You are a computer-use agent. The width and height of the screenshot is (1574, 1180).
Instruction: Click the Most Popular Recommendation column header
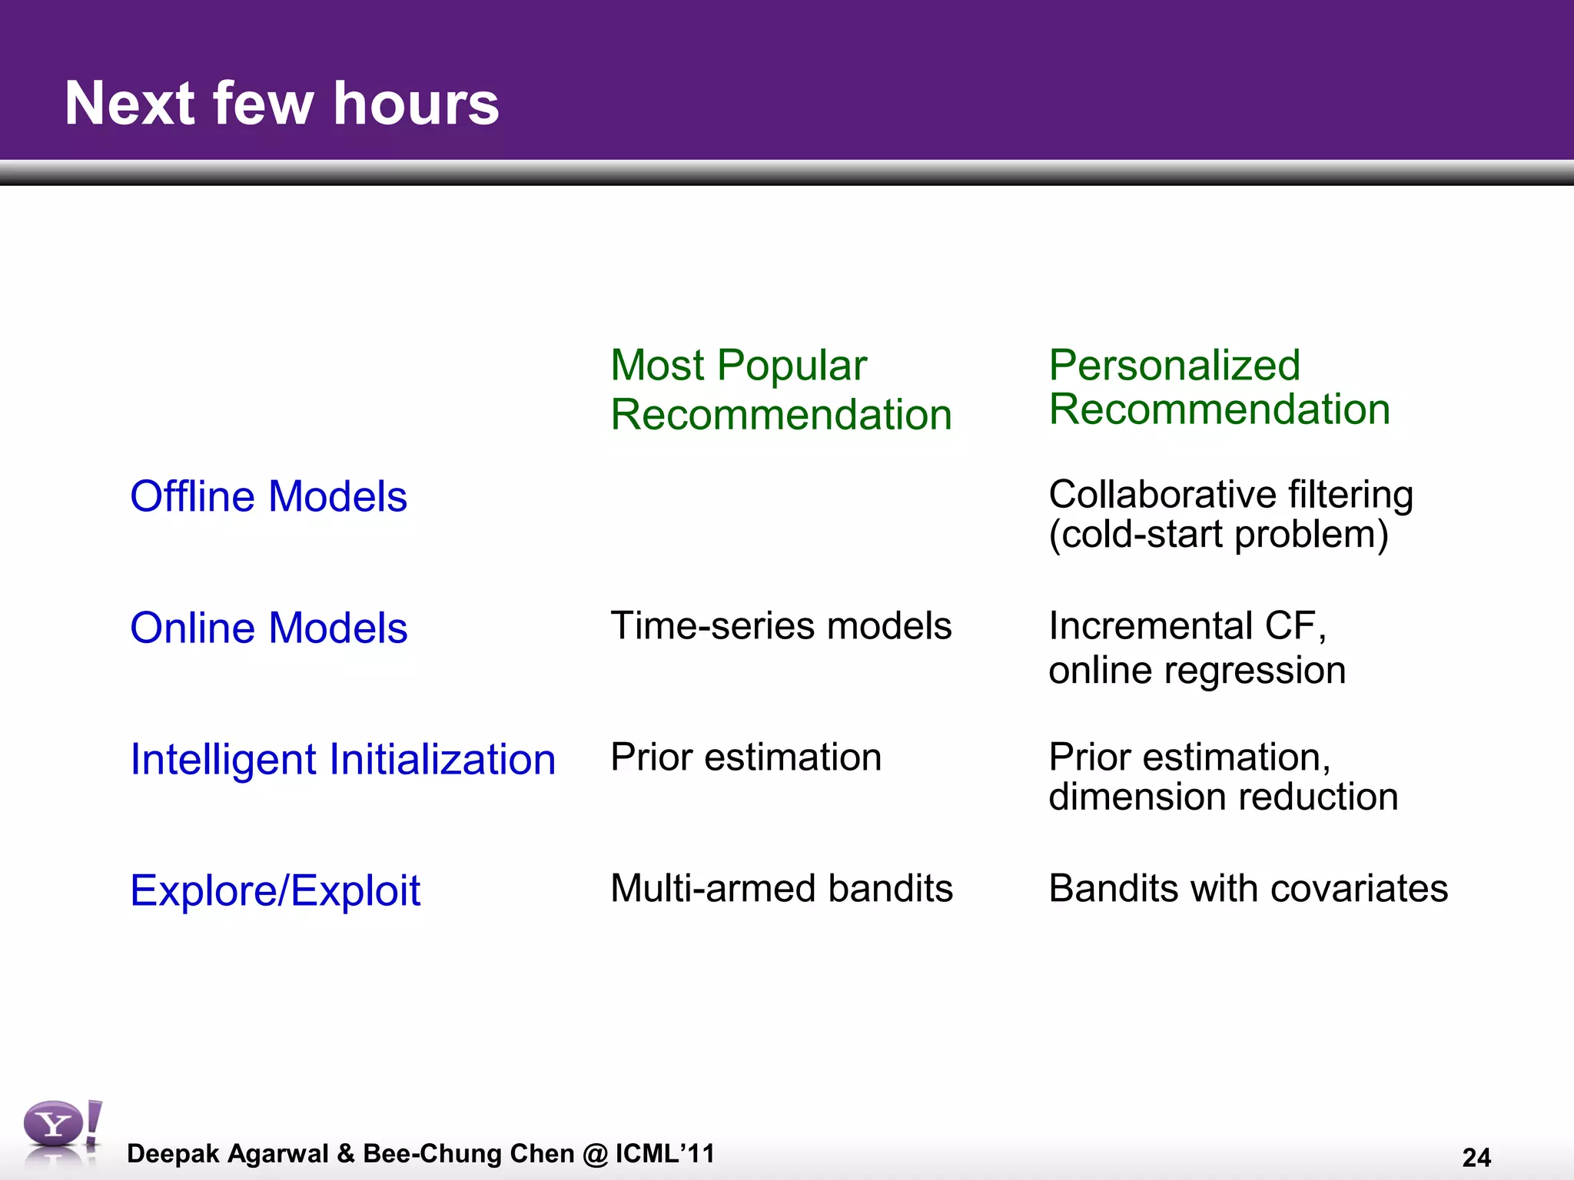coord(780,389)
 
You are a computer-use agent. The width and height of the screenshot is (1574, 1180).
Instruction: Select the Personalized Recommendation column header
coord(1219,386)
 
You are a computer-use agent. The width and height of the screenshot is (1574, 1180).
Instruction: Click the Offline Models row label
coord(268,496)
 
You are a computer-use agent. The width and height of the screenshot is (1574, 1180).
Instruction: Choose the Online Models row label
coord(268,628)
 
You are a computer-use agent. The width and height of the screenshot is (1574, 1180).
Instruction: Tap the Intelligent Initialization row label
coord(343,759)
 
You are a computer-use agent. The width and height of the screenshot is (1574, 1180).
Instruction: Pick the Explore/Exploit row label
coord(275,890)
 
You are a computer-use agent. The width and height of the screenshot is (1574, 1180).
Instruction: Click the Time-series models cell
coord(781,625)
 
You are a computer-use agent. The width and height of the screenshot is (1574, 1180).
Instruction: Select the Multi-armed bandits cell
coord(781,888)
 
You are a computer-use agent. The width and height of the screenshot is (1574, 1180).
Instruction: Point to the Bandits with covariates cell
coord(1247,888)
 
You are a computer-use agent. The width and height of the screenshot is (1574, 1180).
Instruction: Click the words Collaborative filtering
coord(1230,494)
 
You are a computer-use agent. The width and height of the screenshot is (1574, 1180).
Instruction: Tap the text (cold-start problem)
coord(1218,534)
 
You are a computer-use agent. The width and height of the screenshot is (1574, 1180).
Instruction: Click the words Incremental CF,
coord(1187,625)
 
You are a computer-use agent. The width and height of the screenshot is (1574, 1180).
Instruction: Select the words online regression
coord(1197,670)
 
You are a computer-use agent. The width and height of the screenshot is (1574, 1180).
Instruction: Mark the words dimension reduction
coord(1223,797)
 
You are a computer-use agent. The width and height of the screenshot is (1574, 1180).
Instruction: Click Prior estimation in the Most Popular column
coord(745,757)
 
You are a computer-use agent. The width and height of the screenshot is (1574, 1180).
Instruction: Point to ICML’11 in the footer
coord(665,1153)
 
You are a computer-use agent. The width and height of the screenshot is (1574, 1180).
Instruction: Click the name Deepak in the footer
coord(173,1153)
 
